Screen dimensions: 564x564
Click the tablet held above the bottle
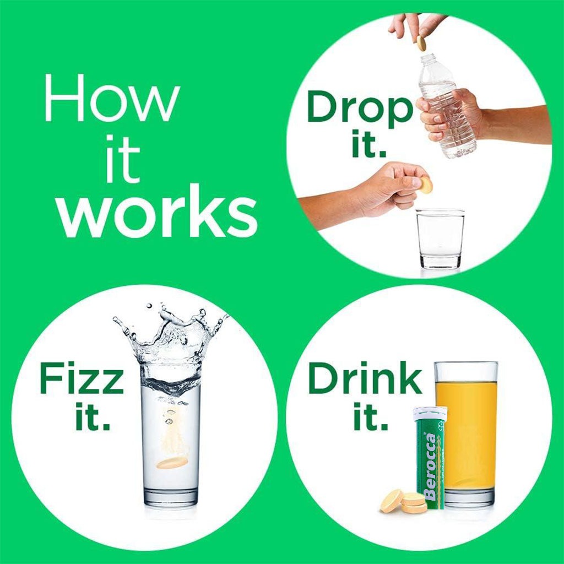[x=421, y=43]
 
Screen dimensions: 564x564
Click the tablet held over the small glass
[x=426, y=186]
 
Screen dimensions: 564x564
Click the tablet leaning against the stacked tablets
[x=392, y=501]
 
